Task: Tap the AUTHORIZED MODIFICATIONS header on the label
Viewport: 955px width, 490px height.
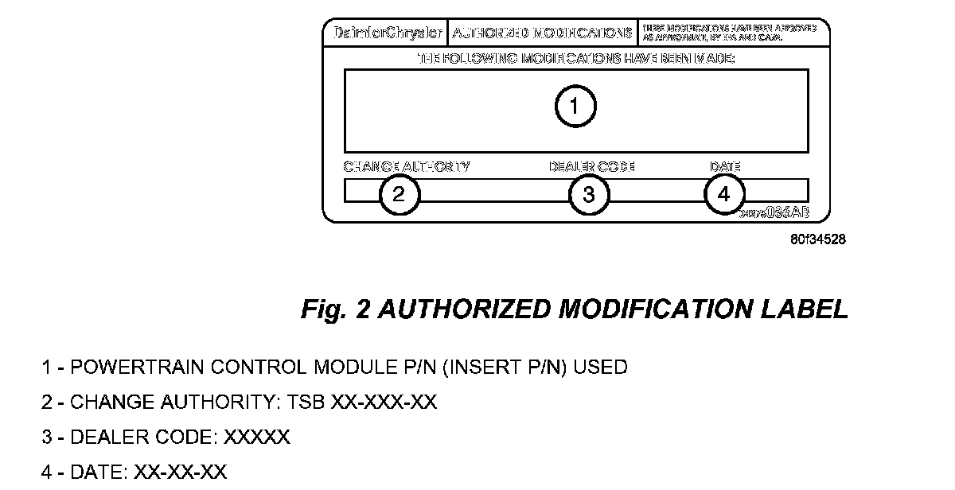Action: (x=542, y=33)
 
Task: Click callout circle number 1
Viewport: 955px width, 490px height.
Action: (x=575, y=106)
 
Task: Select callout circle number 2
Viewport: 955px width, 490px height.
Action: (x=399, y=194)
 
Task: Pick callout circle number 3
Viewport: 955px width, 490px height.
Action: (x=589, y=194)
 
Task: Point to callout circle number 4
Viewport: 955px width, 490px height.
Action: (x=724, y=194)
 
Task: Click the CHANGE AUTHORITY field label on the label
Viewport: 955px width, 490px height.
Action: (x=407, y=167)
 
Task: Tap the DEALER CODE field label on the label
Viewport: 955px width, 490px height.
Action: (x=591, y=167)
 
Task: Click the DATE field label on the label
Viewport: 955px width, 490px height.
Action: (x=725, y=167)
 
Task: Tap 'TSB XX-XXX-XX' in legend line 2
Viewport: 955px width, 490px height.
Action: (x=384, y=402)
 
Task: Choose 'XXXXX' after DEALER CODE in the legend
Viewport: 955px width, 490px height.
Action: (x=257, y=437)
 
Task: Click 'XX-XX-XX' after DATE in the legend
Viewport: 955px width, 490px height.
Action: (x=180, y=472)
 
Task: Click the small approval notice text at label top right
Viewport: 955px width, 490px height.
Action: (x=728, y=33)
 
